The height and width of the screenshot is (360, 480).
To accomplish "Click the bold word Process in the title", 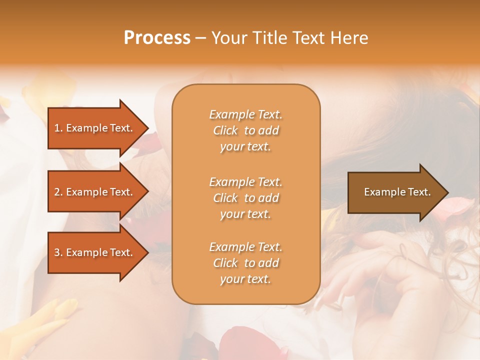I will click(x=157, y=38).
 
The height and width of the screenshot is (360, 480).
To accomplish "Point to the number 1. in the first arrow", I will click(x=58, y=128).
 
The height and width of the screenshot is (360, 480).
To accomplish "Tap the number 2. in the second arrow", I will click(x=58, y=192).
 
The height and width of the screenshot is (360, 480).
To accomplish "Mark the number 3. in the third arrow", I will click(x=58, y=252).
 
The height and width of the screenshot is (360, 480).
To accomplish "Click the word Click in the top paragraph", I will click(x=225, y=130).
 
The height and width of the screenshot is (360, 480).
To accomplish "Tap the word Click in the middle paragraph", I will click(x=225, y=198).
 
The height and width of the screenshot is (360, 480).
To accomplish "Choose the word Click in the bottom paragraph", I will click(x=225, y=263).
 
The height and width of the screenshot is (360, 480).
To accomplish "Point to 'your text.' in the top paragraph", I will click(x=245, y=147).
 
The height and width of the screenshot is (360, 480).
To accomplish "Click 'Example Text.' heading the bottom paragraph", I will click(x=245, y=247).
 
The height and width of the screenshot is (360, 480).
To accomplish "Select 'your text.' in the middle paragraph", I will click(x=245, y=214).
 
